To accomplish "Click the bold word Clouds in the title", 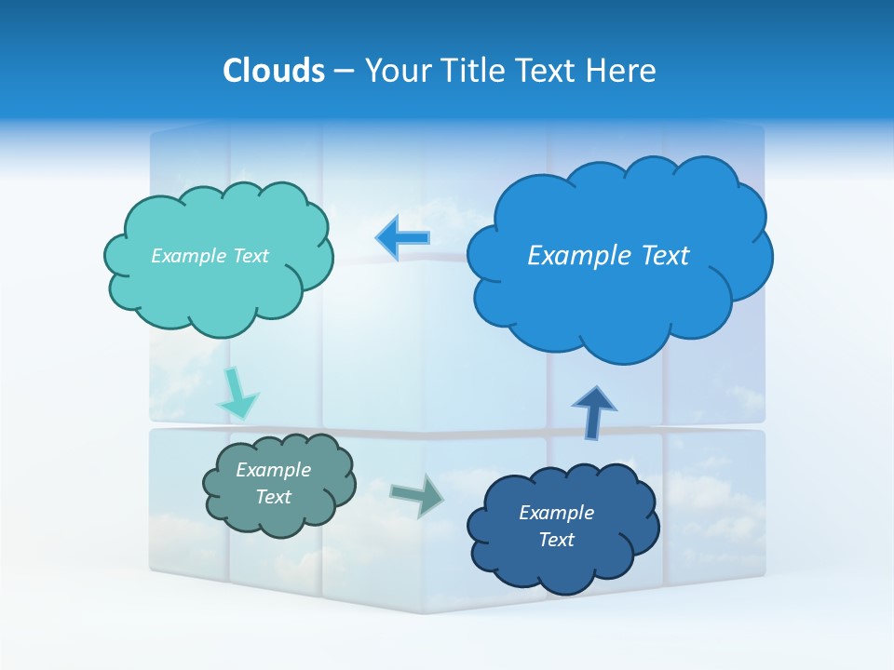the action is pos(273,71).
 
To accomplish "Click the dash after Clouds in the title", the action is pos(343,72).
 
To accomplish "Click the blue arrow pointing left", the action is pos(402,237).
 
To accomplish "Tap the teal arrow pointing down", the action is pos(237,394).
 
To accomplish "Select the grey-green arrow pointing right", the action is pos(416,494).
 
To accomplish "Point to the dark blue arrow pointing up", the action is pos(593,412).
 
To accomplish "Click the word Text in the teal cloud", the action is pos(251,256).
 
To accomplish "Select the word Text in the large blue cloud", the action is pos(665,255).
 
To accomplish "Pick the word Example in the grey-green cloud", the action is pos(274,470).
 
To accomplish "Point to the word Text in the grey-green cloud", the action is pos(274,497).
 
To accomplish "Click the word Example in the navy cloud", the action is pos(556,513).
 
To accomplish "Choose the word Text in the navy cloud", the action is pos(556,540).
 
